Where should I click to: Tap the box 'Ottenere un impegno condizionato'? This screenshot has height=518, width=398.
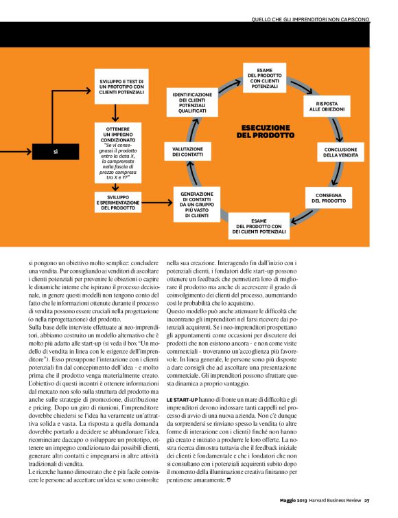[121, 153]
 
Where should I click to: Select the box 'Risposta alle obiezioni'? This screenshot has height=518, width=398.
[326, 106]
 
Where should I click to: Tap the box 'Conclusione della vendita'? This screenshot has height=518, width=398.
[341, 151]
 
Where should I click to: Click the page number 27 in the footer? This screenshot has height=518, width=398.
[367, 499]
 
